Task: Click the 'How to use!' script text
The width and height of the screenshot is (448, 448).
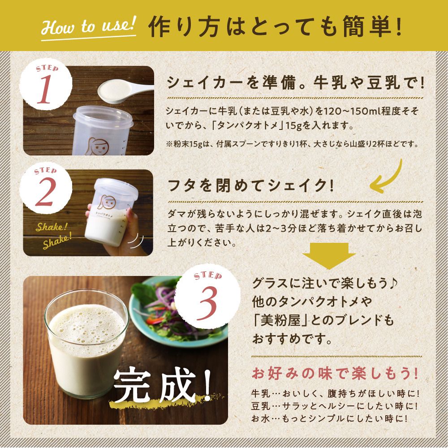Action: (88, 25)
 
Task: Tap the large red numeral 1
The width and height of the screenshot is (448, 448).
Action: (44, 90)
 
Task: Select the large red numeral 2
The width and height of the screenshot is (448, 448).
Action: (45, 192)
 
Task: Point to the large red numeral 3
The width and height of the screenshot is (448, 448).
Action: (207, 303)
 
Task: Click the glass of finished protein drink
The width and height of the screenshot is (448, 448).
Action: (86, 343)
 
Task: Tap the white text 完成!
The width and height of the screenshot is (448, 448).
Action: (162, 384)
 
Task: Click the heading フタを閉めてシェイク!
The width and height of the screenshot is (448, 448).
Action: (251, 185)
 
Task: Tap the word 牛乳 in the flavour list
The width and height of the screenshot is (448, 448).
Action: (261, 394)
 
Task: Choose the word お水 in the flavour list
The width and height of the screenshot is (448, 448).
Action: (261, 418)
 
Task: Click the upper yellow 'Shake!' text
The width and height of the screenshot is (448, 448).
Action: (52, 227)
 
